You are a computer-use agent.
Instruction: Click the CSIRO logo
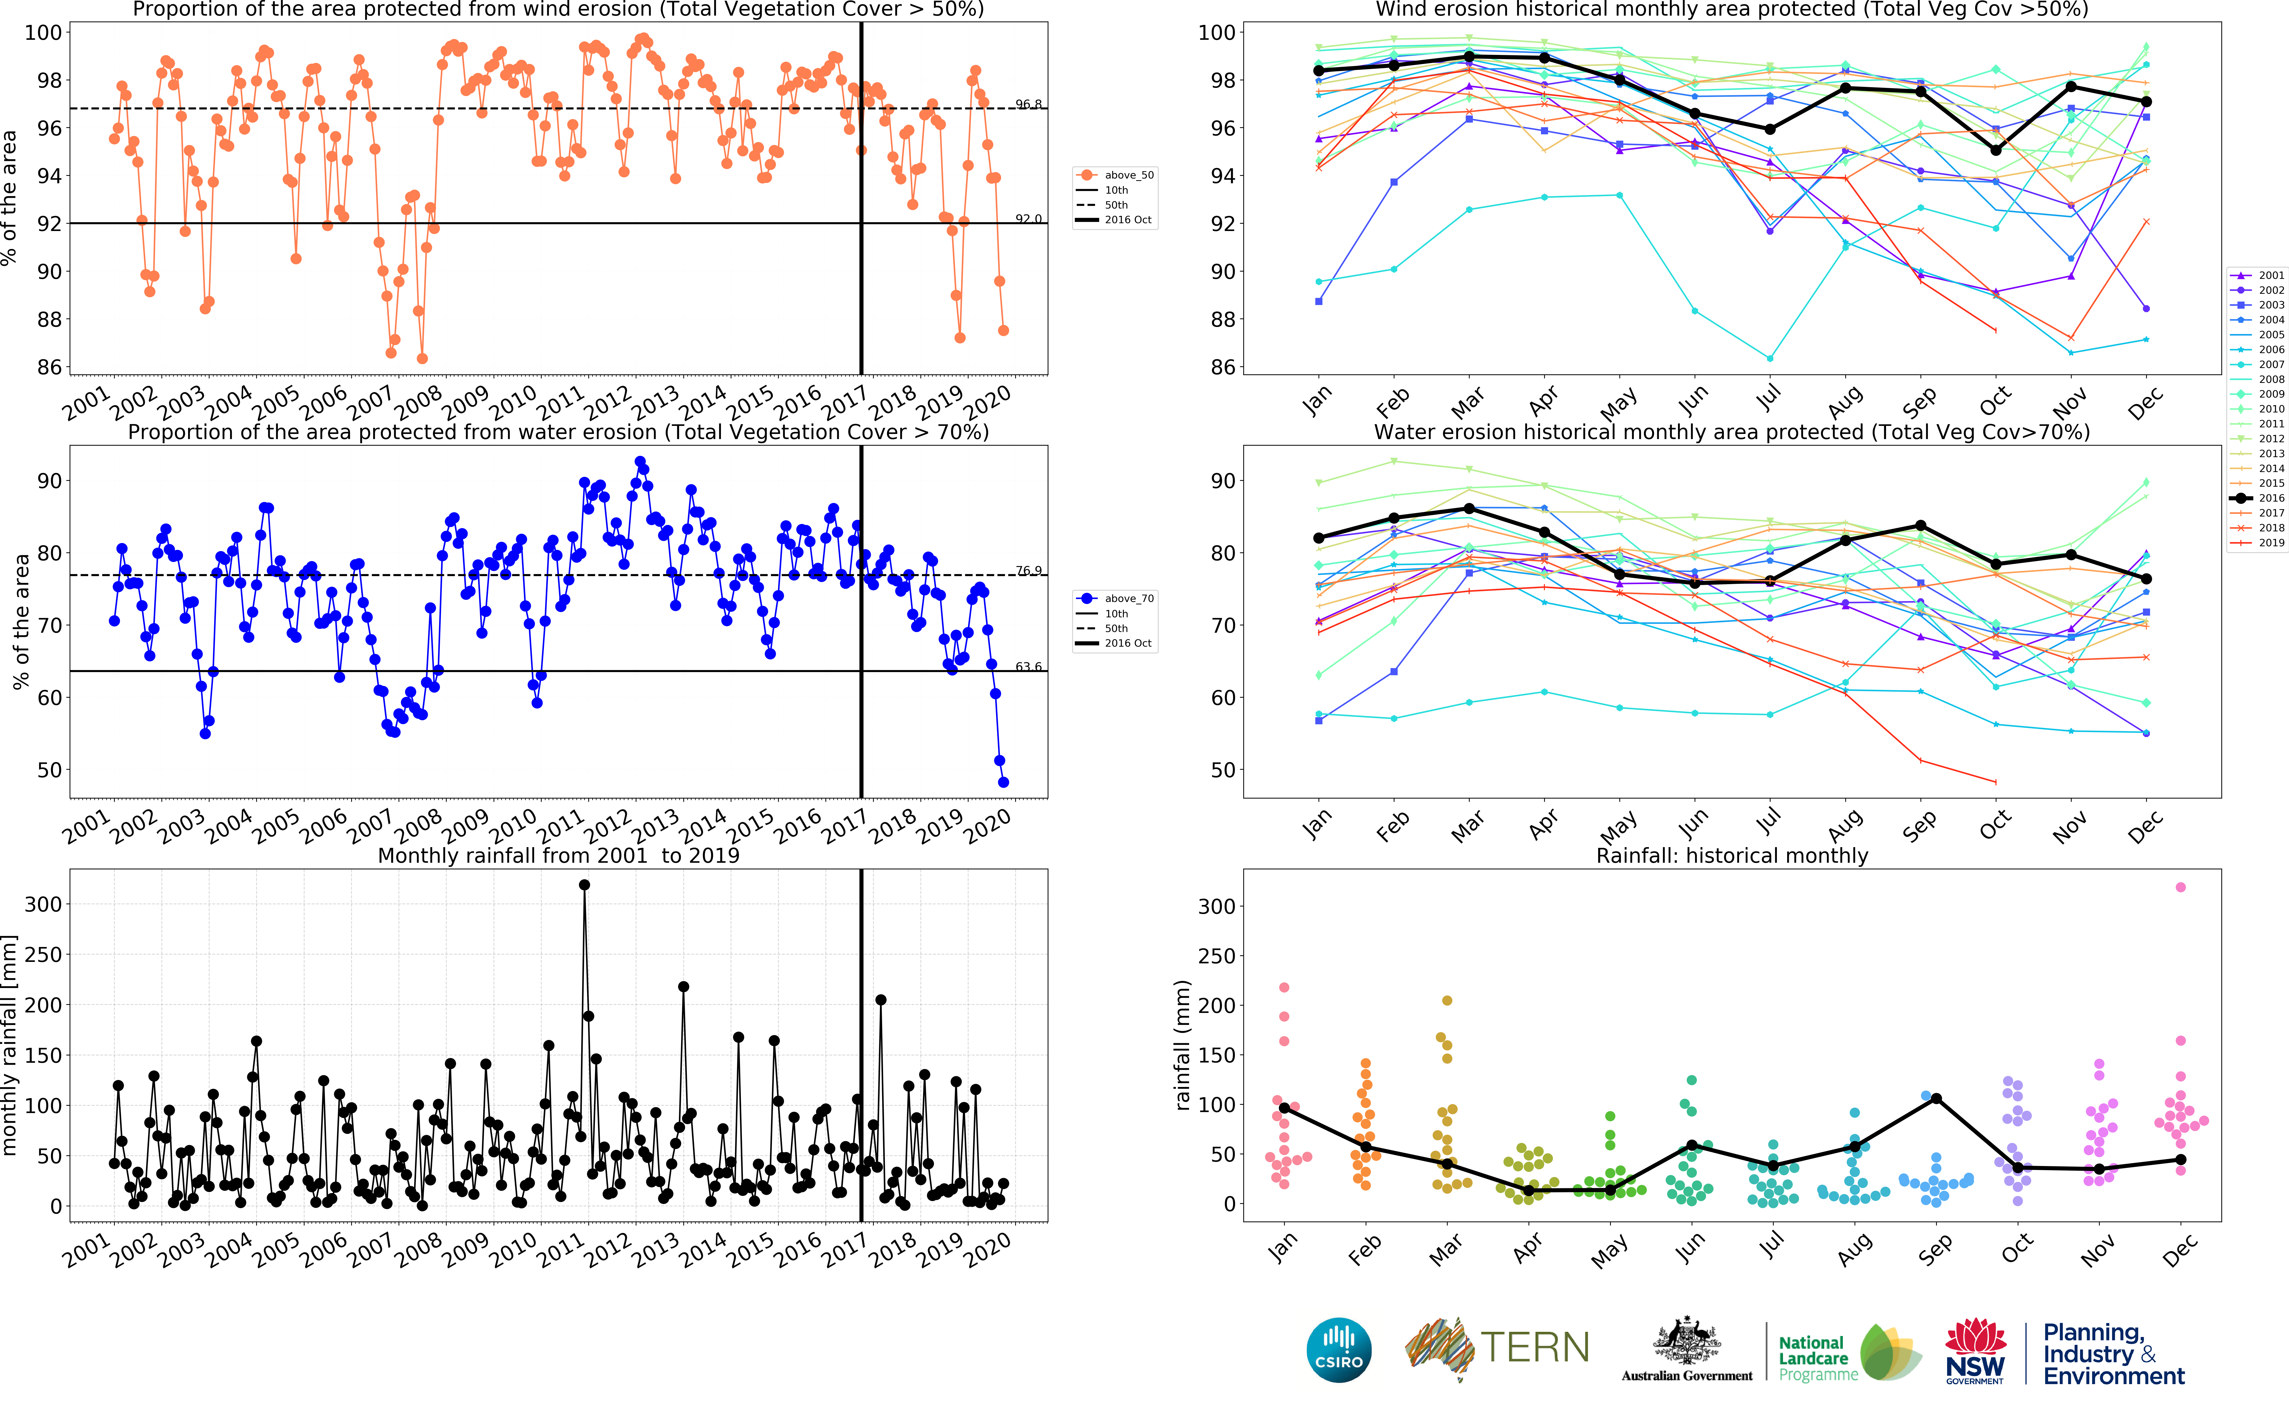tap(1339, 1349)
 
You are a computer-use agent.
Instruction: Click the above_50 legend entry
tap(1116, 175)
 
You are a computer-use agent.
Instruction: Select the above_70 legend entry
tap(1116, 599)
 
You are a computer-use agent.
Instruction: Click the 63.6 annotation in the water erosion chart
tap(1028, 667)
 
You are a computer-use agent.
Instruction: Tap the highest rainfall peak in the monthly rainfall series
tap(585, 885)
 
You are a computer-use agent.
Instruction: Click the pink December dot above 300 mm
tap(2180, 887)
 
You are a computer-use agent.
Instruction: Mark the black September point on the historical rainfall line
tap(1936, 1099)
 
